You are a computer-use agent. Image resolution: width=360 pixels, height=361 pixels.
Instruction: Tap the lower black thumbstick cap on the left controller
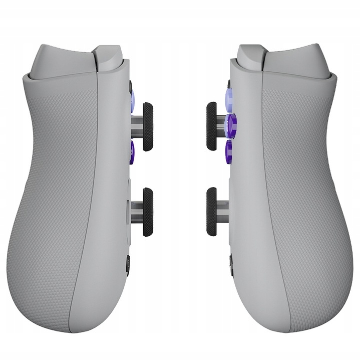(x=148, y=212)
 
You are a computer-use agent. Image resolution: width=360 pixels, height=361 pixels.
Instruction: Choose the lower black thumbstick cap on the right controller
(x=211, y=211)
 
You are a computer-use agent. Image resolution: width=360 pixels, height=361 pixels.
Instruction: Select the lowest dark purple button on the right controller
(x=229, y=150)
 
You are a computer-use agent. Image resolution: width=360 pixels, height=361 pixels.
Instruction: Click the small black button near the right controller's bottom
(x=231, y=263)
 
